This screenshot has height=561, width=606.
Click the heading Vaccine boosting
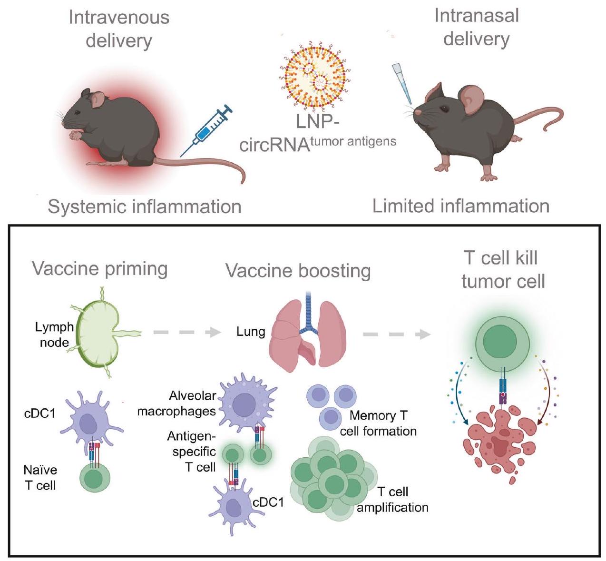[298, 271]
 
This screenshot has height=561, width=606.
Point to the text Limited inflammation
[461, 206]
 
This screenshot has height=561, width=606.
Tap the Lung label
[251, 331]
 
